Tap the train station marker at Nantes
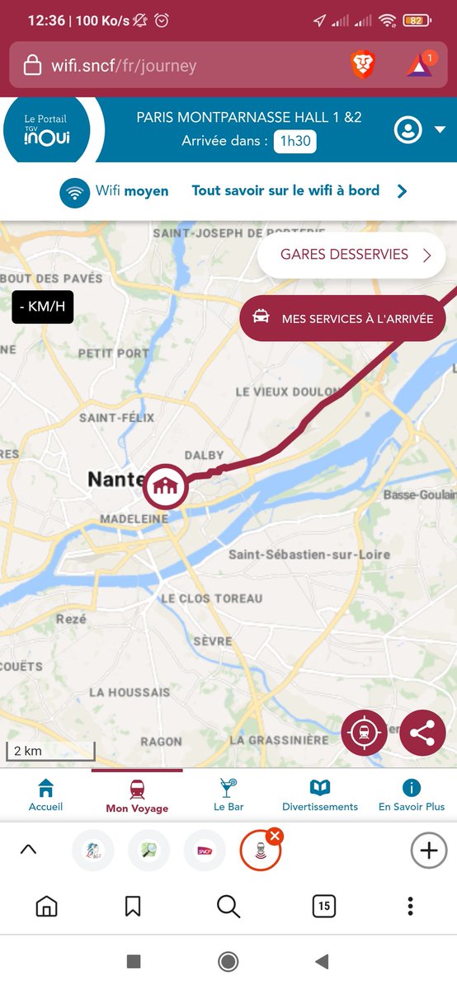coord(165,487)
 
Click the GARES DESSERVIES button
coord(351,255)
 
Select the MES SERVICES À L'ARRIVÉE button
coord(342,318)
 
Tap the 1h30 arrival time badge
coord(295,141)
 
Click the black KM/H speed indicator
coord(42,307)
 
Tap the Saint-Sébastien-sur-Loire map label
coord(309,554)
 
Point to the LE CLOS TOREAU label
coord(211,598)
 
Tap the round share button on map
coord(422,733)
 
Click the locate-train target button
coord(364,733)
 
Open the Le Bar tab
coord(228,794)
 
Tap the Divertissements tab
coord(320,794)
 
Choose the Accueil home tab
coord(45,794)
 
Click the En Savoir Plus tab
coord(412,794)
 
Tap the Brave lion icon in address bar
coord(363,64)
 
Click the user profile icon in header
coord(408,130)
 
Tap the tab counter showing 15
coord(324,907)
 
